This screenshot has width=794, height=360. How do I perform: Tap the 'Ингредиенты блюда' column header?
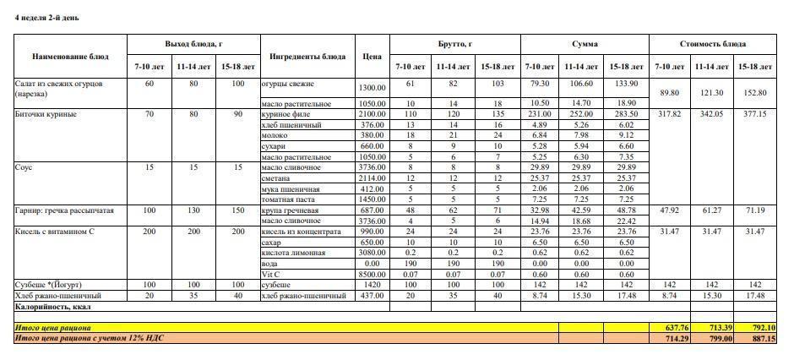click(307, 57)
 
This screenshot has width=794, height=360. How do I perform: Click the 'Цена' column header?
click(372, 57)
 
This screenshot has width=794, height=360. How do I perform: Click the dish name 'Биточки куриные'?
click(46, 114)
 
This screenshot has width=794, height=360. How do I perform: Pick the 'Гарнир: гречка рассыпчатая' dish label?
click(64, 210)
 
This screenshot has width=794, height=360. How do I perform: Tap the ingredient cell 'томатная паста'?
click(290, 199)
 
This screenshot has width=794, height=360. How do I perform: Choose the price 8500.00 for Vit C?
click(372, 274)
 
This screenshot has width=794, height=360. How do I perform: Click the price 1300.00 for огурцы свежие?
click(372, 88)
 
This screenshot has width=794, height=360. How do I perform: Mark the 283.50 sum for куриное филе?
click(626, 114)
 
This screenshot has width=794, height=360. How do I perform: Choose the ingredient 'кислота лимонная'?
click(292, 252)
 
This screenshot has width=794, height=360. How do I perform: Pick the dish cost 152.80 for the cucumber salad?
click(756, 93)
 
